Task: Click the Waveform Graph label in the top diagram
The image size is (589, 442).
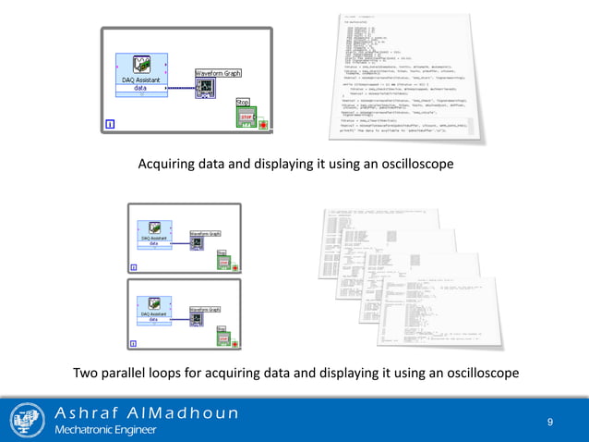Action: point(219,72)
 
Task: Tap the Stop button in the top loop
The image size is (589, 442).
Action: point(246,117)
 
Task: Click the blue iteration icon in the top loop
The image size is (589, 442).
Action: point(110,124)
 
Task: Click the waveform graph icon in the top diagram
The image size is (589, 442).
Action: point(207,88)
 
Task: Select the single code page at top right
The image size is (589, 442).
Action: point(406,79)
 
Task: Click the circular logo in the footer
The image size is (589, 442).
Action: point(28,421)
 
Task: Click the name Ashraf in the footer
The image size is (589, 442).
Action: point(89,412)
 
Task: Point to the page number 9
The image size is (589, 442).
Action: point(550,423)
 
